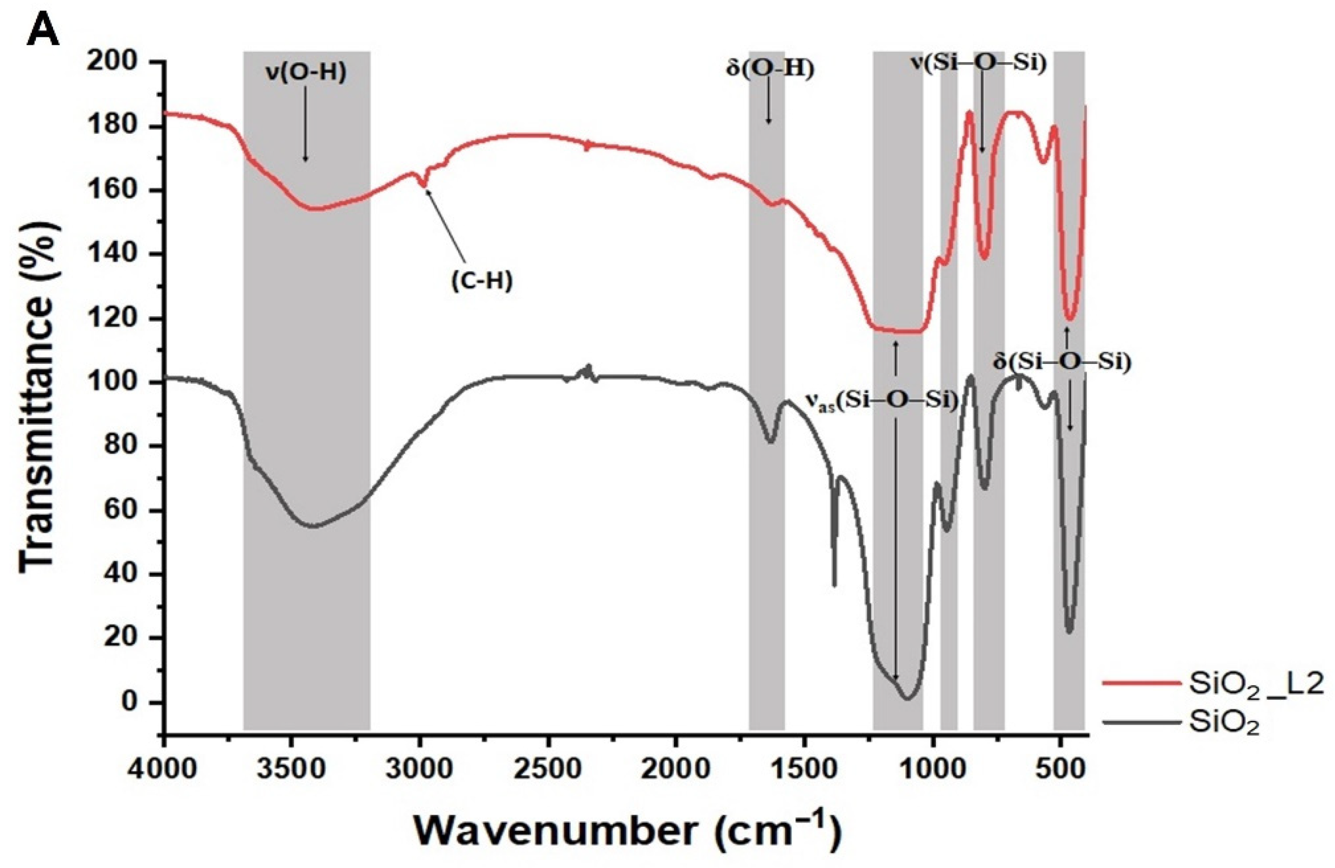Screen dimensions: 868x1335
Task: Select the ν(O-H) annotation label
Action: [x=306, y=73]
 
